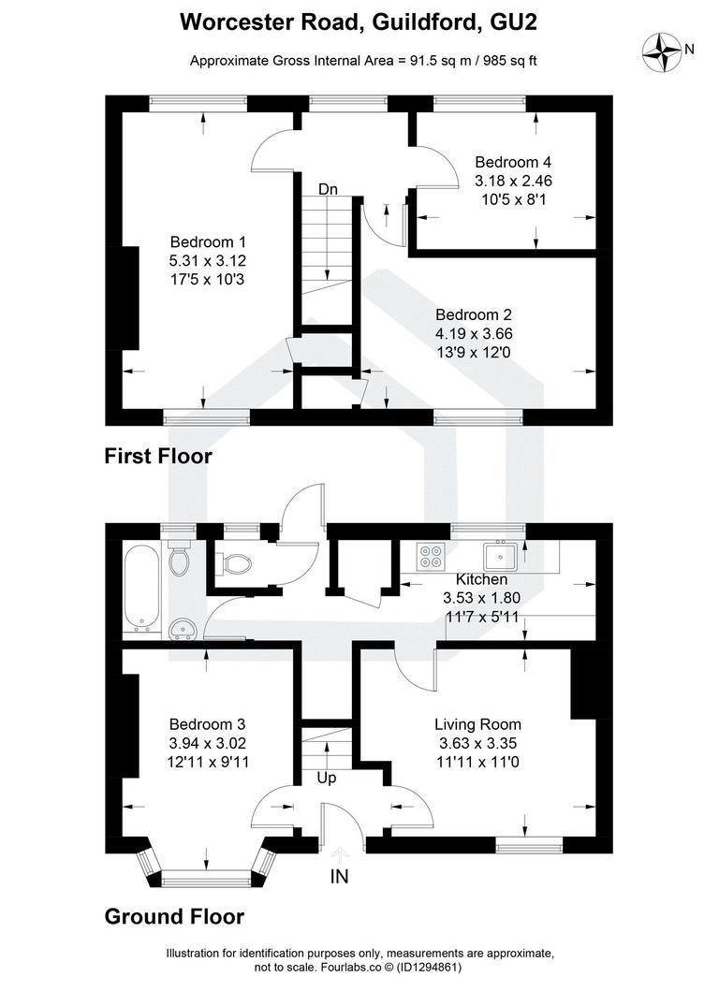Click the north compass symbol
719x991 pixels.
pos(668,51)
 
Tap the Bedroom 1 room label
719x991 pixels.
pos(207,242)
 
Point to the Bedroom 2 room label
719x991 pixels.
pos(474,315)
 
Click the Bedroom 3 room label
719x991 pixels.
pos(207,724)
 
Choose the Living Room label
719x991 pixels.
pos(477,724)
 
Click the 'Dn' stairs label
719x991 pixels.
pos(328,190)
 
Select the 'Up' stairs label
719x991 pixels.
pos(327,778)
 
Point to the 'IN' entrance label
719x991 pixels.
pos(340,877)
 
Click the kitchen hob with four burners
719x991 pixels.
pos(433,556)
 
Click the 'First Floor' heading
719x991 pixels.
pos(158,458)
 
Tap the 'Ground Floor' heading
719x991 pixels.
pos(174,916)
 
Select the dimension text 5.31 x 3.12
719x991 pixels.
pos(207,261)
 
